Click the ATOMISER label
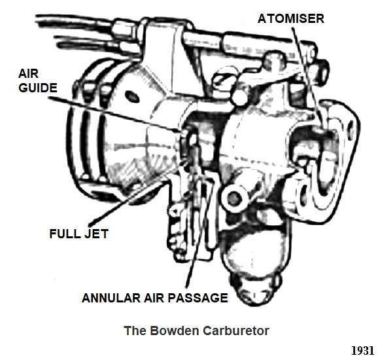coord(291,18)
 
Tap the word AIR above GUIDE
coord(28,73)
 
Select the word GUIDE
coord(38,88)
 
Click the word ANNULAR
coord(111,298)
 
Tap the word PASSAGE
coord(198,298)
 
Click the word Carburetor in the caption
coord(236,331)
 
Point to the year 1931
coord(362,351)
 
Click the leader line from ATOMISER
coord(307,77)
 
